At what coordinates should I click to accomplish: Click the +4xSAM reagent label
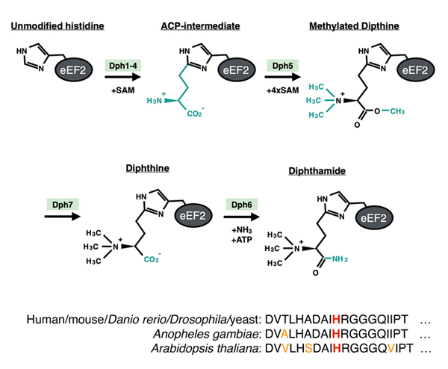(279, 90)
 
